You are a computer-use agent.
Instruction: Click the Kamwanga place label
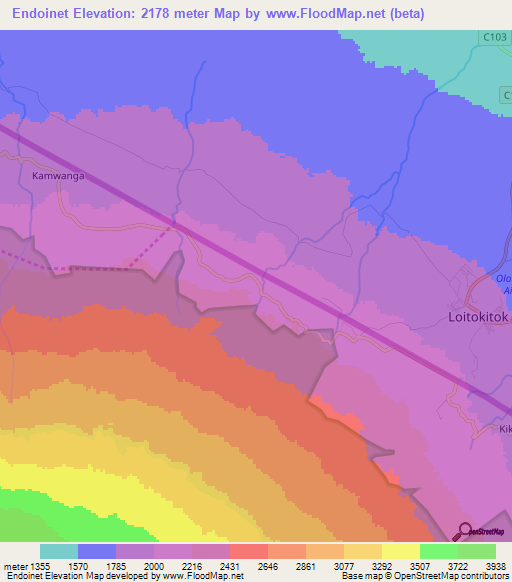tap(56, 175)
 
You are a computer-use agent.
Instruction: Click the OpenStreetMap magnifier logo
tap(464, 531)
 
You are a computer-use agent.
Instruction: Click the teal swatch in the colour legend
tap(59, 551)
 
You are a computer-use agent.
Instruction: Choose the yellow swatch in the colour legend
tap(400, 551)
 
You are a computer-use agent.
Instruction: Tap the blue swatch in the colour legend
tap(97, 551)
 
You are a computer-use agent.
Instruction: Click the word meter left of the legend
tap(16, 565)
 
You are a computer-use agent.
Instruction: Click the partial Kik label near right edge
tap(504, 428)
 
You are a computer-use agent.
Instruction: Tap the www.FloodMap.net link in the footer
tap(200, 576)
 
